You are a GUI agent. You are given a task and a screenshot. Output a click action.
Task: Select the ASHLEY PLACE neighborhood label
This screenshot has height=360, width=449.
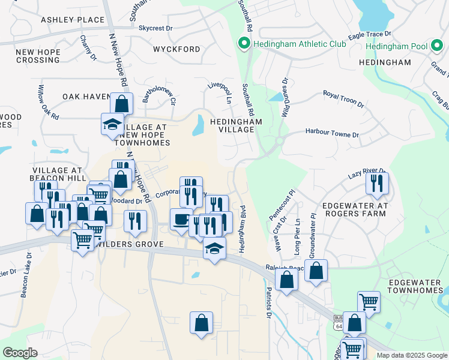tap(73, 20)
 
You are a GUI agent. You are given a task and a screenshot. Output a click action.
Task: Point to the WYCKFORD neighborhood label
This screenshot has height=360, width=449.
tap(176, 49)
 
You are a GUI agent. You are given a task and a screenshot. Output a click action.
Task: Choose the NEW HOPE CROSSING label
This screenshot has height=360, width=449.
tap(38, 56)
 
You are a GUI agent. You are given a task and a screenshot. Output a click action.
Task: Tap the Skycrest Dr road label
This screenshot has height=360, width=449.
tap(155, 28)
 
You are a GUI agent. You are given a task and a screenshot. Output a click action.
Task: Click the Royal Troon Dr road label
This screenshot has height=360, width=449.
tap(343, 99)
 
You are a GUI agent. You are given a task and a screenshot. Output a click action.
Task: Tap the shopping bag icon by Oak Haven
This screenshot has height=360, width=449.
tap(122, 103)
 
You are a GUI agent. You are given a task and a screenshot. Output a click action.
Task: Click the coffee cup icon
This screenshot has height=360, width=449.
tap(181, 219)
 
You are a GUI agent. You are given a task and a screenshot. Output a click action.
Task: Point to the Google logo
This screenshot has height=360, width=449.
tap(20, 353)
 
